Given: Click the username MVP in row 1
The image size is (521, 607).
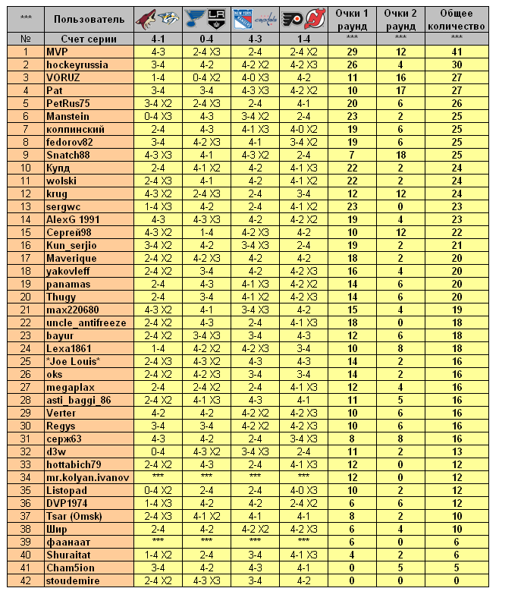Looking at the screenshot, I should coord(57,52).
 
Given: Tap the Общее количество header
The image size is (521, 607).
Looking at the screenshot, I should coord(457,18).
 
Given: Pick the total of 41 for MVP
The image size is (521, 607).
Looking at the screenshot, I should coord(457,52).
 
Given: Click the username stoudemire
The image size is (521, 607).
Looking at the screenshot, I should coord(72,580).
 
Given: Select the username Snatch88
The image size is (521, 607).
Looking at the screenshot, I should coord(67,155).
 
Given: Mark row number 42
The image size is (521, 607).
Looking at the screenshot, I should coord(26,580).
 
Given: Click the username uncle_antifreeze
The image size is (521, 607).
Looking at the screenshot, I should coord(86,322).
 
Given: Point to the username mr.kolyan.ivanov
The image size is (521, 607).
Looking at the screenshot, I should coord(87,477).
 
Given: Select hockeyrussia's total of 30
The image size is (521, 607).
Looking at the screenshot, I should coord(457,64).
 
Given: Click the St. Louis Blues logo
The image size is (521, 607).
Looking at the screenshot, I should coord(196,18).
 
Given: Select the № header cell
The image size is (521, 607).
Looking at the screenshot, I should coord(26,37).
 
